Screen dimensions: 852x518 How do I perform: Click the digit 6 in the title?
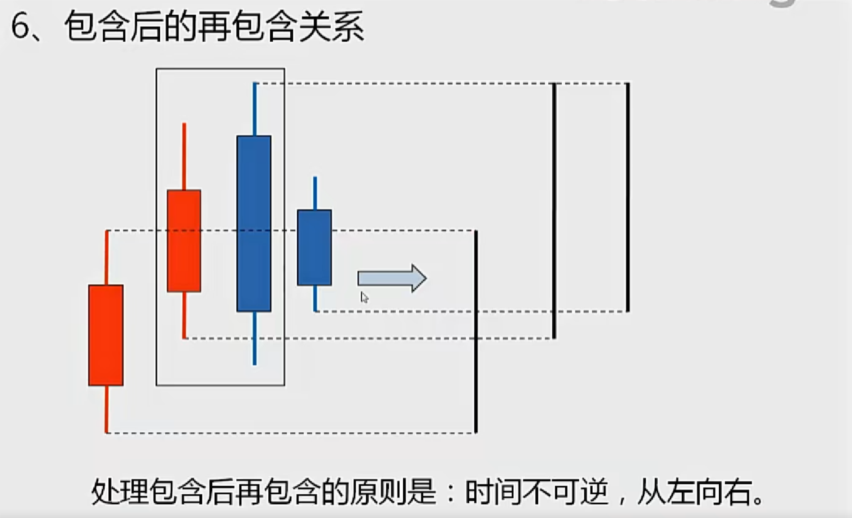(x=20, y=27)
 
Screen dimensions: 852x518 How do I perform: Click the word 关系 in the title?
(x=332, y=27)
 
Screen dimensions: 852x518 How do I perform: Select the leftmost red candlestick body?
(x=106, y=335)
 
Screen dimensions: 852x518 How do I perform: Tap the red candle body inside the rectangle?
(x=184, y=241)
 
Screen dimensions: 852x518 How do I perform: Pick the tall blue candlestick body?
(x=254, y=223)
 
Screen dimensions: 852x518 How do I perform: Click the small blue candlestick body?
(x=315, y=247)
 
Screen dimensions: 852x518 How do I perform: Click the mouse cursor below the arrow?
(x=364, y=297)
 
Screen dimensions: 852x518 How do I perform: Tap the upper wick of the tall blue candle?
(x=255, y=109)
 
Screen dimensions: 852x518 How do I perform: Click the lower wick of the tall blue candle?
(x=254, y=338)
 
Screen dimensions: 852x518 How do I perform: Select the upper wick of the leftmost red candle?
(x=107, y=257)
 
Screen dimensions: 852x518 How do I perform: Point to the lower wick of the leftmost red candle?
(x=106, y=409)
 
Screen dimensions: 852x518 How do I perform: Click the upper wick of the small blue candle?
(x=315, y=193)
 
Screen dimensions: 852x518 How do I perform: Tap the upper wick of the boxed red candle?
(x=184, y=156)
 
